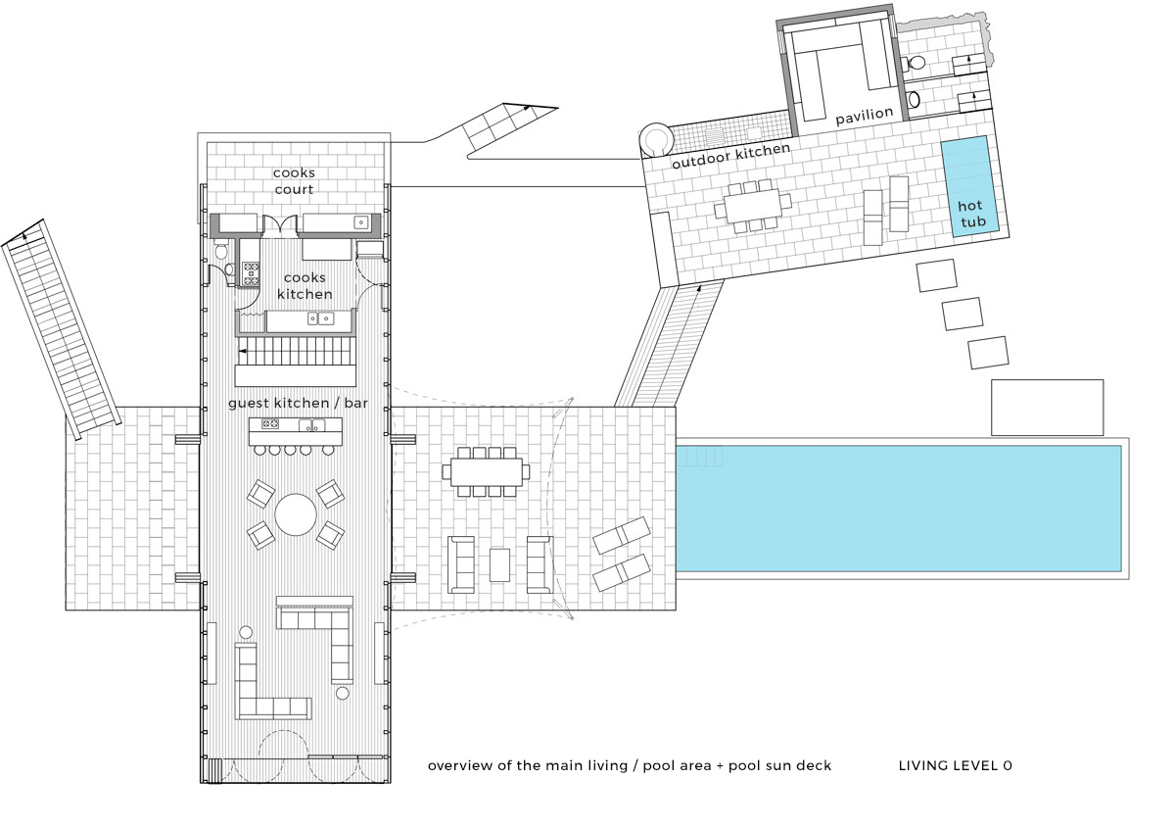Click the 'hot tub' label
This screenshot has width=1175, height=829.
point(972,214)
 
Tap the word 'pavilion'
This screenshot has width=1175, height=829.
point(865,116)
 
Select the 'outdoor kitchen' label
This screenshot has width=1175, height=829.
point(730,156)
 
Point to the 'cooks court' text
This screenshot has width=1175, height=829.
point(294,180)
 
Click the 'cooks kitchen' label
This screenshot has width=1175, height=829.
point(305,285)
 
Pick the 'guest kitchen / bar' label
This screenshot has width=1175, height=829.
point(298,403)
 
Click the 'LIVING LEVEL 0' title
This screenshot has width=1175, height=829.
point(956,765)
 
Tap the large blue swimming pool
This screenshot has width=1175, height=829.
point(899,509)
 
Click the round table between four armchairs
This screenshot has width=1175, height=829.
point(296,514)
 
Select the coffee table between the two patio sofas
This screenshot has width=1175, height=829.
point(499,565)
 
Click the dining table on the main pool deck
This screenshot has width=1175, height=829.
point(487,472)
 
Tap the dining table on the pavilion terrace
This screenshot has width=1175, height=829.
point(752,205)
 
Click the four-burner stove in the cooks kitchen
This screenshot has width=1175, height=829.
point(251,273)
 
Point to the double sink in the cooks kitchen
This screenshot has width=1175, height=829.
point(320,318)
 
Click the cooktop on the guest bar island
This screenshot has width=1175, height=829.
point(270,423)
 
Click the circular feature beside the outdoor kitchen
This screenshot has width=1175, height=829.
point(656,139)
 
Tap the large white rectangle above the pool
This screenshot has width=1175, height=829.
point(1047,408)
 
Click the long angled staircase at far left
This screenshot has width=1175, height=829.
point(61,329)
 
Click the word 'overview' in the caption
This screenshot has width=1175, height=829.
point(460,765)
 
